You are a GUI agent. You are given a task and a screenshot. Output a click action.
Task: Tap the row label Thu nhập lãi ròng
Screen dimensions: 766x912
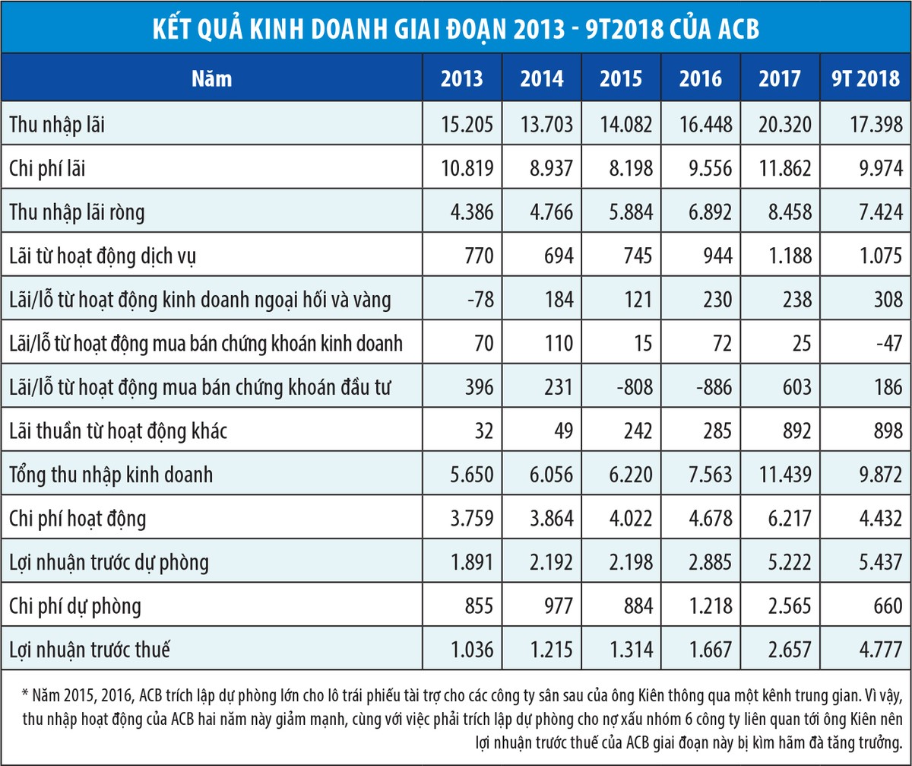(77, 211)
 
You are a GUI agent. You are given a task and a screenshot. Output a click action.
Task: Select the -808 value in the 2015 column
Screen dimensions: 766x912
(632, 387)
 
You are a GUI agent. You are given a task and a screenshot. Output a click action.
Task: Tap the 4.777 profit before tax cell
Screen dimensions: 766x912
(875, 651)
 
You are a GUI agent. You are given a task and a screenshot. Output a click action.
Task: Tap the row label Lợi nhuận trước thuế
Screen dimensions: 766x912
(89, 651)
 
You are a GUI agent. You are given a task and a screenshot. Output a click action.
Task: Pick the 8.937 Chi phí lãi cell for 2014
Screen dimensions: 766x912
(541, 167)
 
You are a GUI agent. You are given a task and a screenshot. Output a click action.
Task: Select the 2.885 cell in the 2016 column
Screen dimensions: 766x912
(701, 563)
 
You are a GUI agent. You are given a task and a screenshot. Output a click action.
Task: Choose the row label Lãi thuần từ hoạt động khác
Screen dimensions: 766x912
(118, 431)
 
